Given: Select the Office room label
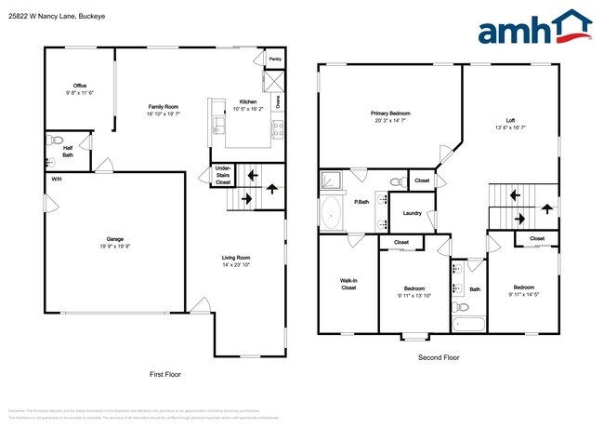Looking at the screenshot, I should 80,86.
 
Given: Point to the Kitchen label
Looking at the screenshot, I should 248,101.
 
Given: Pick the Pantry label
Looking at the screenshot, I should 275,59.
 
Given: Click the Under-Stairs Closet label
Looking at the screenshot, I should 223,175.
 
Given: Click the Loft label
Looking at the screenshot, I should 510,120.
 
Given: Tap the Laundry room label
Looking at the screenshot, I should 412,213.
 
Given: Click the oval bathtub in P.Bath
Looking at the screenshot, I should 331,212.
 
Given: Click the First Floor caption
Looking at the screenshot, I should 165,374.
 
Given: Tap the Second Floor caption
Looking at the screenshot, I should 440,356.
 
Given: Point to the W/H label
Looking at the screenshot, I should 57,179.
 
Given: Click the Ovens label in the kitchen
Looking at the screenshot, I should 277,100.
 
